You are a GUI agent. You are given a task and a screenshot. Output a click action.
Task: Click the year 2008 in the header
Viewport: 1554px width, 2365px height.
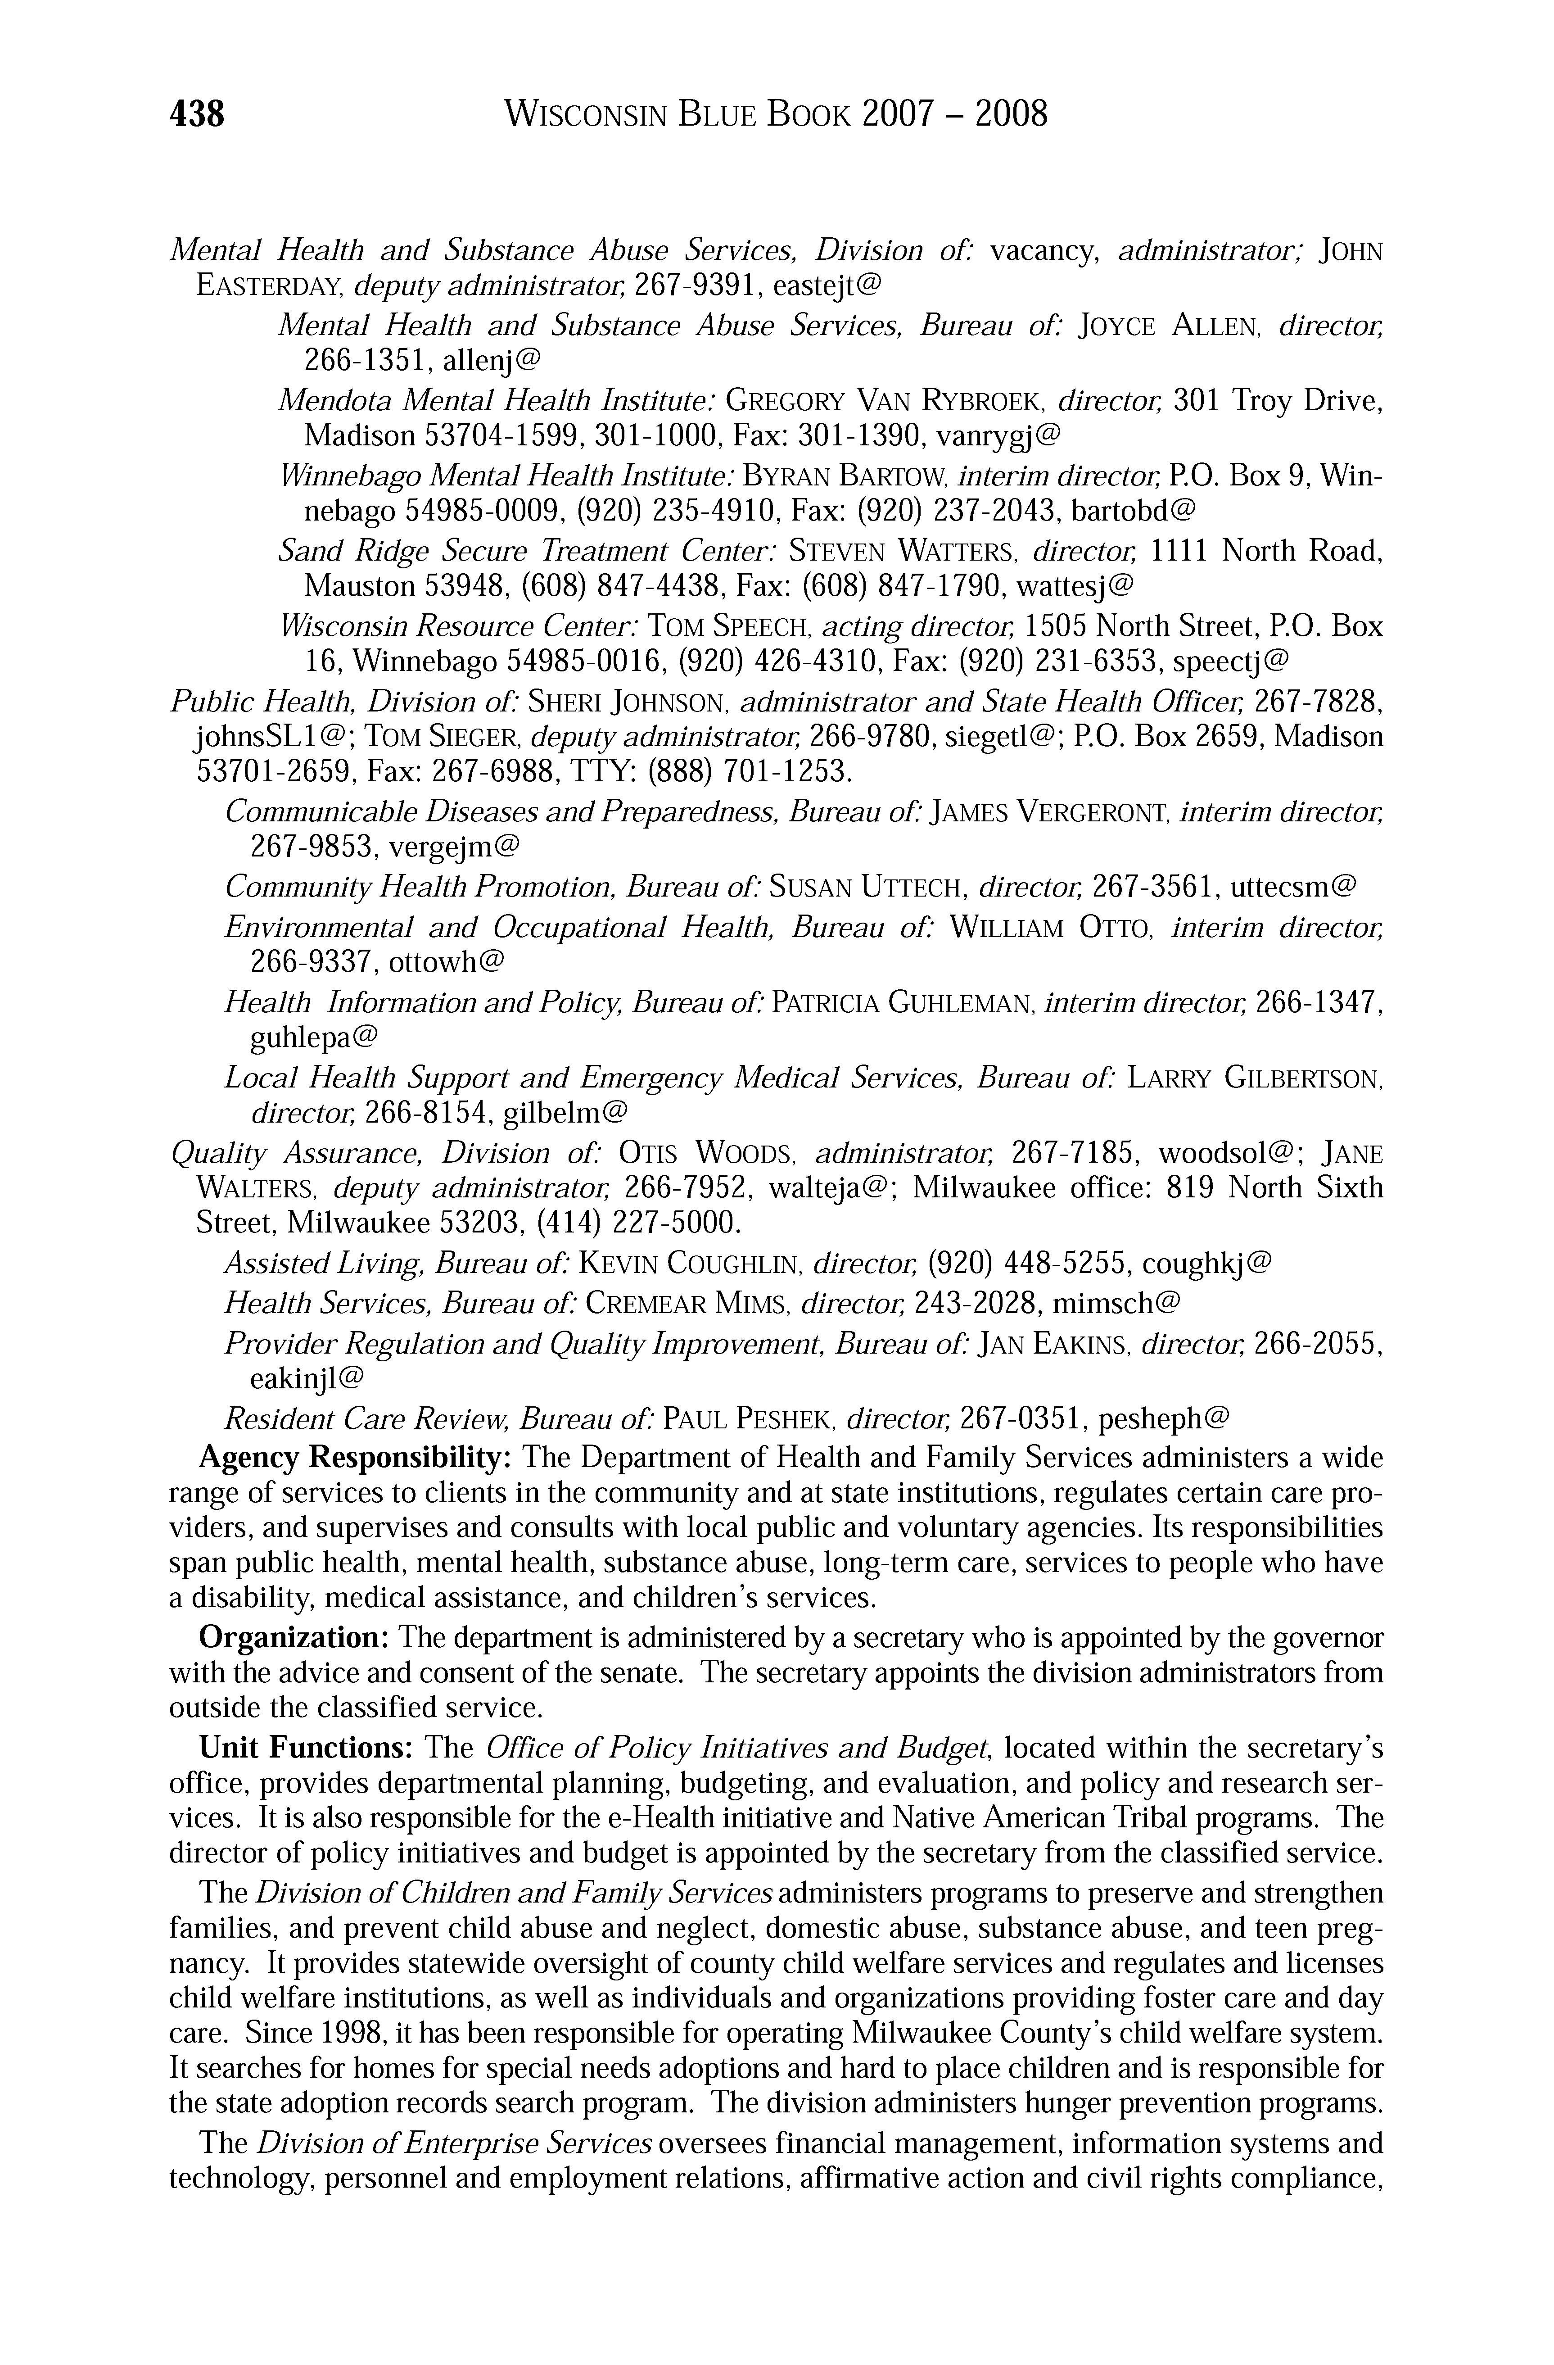pyautogui.click(x=1011, y=115)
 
